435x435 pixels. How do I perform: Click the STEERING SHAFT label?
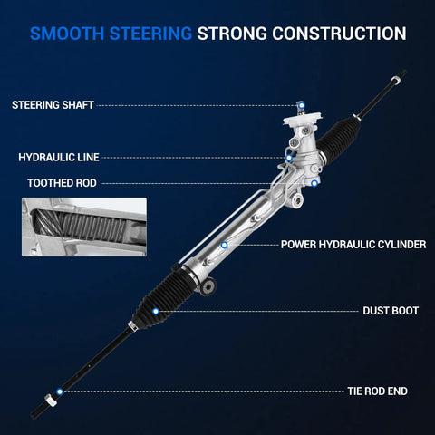(x=53, y=105)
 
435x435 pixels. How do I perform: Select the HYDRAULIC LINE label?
(x=59, y=157)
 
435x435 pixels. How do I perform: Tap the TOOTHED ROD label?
(x=62, y=183)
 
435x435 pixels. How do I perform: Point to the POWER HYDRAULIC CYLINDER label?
(x=353, y=245)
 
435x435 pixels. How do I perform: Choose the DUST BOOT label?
(x=391, y=311)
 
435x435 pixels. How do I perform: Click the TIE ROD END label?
(x=377, y=391)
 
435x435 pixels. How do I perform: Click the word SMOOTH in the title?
(x=67, y=34)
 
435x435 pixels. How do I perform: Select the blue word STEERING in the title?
(x=150, y=34)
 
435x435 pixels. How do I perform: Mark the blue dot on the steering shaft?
(x=302, y=105)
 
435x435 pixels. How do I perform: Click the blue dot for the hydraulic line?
(x=289, y=158)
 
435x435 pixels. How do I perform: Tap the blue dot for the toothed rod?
(x=314, y=183)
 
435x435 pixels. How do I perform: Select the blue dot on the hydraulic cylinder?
(x=224, y=245)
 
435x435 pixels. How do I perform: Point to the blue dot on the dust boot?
(x=156, y=311)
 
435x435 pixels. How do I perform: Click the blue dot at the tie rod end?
(x=60, y=391)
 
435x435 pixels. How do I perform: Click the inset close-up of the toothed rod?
(x=84, y=227)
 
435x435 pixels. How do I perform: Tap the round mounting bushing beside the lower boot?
(x=208, y=286)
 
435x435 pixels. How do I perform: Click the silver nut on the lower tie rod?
(x=51, y=401)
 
